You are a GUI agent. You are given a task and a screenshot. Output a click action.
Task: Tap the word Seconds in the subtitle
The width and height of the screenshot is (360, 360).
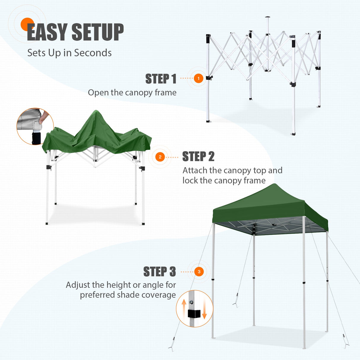click(93, 53)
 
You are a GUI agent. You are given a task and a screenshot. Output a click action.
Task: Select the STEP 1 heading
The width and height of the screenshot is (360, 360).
click(161, 79)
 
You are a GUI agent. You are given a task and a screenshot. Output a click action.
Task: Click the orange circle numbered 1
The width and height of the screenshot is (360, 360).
click(198, 79)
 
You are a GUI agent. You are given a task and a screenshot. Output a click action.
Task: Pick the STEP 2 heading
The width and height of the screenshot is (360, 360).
click(198, 157)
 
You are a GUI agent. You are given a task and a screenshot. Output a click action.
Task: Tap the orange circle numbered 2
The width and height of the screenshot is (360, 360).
click(160, 157)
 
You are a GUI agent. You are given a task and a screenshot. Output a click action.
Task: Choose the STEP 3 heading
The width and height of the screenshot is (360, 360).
click(160, 272)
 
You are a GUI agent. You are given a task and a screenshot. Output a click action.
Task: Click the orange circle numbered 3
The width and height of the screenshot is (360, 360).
click(199, 272)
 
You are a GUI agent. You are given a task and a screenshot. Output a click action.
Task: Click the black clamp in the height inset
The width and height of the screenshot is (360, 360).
click(194, 314)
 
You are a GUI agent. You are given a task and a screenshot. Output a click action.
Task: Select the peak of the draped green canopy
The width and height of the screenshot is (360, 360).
click(95, 112)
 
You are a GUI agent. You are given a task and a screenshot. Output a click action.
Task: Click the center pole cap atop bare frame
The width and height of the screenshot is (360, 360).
click(268, 17)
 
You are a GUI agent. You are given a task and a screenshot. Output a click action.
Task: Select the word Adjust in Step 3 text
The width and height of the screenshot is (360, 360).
click(78, 285)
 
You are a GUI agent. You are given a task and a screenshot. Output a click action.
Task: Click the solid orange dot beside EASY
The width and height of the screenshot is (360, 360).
click(27, 24)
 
